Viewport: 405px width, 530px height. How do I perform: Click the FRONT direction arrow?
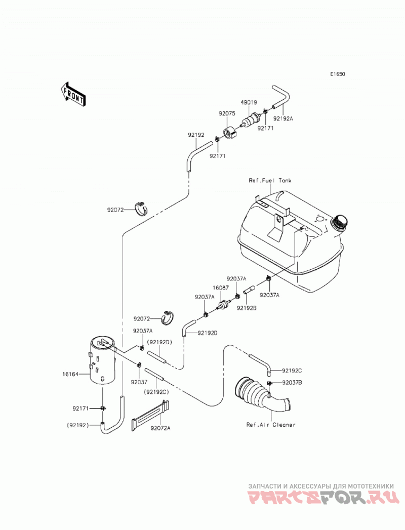[x=73, y=95]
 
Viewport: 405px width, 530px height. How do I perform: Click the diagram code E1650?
[x=338, y=74]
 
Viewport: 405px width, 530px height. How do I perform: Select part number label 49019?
[x=249, y=102]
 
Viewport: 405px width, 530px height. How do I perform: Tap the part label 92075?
[x=227, y=114]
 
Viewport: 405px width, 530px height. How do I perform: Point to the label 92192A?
[x=283, y=118]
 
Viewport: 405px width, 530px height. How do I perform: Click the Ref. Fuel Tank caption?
[x=270, y=181]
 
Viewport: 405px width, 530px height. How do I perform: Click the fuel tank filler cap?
[x=340, y=222]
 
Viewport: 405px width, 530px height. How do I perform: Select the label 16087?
[x=220, y=288]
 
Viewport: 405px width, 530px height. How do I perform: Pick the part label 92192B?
[x=247, y=308]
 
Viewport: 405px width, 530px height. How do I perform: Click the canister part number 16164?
[x=70, y=374]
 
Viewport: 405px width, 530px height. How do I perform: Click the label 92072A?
[x=160, y=428]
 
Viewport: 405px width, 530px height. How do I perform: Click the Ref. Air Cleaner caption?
[x=271, y=425]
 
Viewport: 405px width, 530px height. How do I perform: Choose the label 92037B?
[x=292, y=383]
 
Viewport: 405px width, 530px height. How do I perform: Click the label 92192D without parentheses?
[x=207, y=333]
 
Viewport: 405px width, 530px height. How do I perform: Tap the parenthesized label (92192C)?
[x=156, y=392]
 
